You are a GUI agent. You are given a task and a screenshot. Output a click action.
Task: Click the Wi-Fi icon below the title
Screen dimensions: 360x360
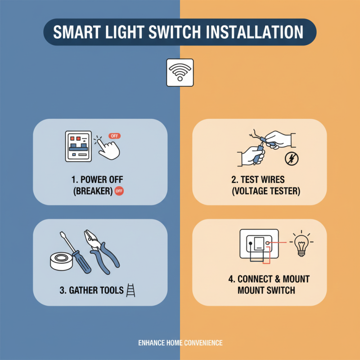(x=180, y=72)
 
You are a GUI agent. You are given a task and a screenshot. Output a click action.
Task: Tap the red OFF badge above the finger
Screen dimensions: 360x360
(x=115, y=136)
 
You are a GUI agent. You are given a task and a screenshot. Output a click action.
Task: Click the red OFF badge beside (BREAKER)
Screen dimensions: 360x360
(x=119, y=191)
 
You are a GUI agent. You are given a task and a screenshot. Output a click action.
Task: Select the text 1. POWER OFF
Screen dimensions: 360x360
(x=92, y=179)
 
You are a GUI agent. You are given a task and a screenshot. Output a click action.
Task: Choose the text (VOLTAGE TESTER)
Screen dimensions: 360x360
(x=265, y=191)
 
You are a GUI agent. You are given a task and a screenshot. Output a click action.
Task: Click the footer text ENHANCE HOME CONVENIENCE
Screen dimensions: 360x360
(x=180, y=343)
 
